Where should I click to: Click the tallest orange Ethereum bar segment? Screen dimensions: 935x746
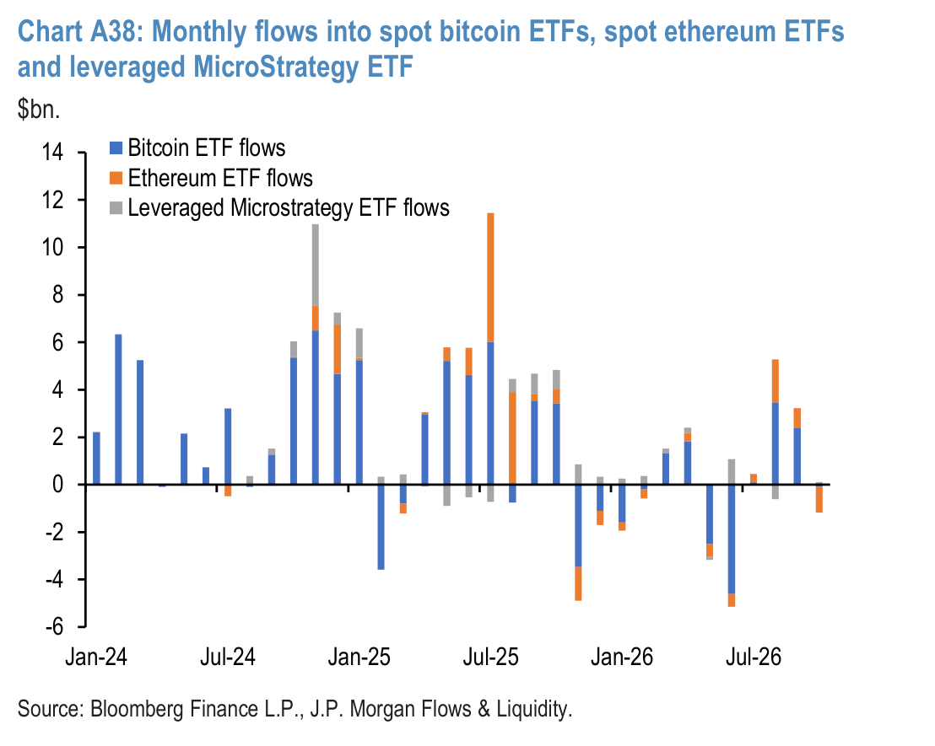[x=491, y=277]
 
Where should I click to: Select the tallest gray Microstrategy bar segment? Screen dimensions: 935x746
[x=316, y=266]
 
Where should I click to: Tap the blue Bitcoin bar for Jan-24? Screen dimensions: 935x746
[x=96, y=459]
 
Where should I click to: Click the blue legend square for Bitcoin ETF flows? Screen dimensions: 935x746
[x=116, y=148]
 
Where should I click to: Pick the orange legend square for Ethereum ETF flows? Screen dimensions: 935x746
[x=116, y=178]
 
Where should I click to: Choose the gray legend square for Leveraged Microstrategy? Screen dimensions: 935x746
[x=116, y=208]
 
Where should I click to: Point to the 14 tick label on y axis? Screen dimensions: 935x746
[x=52, y=152]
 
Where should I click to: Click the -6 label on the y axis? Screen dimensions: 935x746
[x=54, y=627]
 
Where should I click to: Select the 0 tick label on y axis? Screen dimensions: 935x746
[x=58, y=485]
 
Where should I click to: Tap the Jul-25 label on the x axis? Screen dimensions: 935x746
[x=491, y=657]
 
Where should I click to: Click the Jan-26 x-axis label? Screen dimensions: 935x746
[x=622, y=657]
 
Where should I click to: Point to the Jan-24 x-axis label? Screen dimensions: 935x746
[x=96, y=657]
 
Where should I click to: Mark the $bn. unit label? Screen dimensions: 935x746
[x=39, y=109]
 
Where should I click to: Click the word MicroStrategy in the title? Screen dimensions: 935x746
[x=273, y=67]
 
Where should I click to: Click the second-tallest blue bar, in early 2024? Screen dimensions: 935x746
[x=119, y=410]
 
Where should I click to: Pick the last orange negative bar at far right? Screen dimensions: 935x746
[x=819, y=499]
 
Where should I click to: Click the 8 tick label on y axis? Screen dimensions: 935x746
[x=58, y=294]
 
